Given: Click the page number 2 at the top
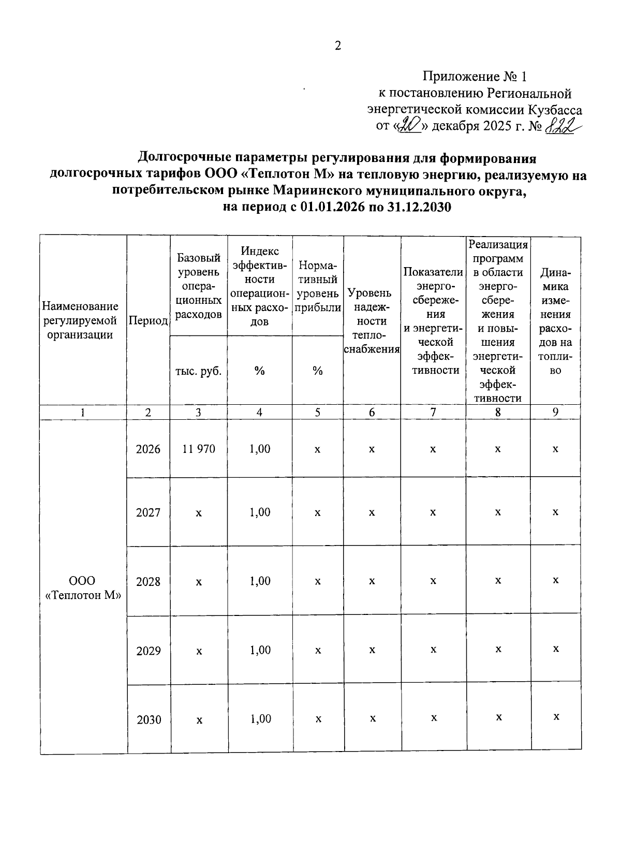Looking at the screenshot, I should (x=338, y=46).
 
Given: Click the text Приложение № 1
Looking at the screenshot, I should (x=474, y=77).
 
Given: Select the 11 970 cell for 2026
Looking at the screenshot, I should (x=199, y=449).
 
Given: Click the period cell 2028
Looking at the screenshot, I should (x=149, y=581).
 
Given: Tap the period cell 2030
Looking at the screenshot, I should (x=149, y=719).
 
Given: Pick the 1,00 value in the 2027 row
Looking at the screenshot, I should (x=260, y=512).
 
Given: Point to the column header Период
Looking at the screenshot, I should (x=148, y=321).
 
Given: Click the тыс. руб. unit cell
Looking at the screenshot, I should (x=199, y=371).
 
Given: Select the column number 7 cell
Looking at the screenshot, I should (x=433, y=412).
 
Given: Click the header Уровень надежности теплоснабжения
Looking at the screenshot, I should (x=372, y=321).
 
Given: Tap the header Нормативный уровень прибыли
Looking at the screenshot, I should (x=318, y=286).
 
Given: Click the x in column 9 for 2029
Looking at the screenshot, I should (x=556, y=649).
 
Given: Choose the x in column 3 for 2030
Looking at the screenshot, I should (x=199, y=720).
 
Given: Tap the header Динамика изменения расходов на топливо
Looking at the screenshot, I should (x=555, y=321).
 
